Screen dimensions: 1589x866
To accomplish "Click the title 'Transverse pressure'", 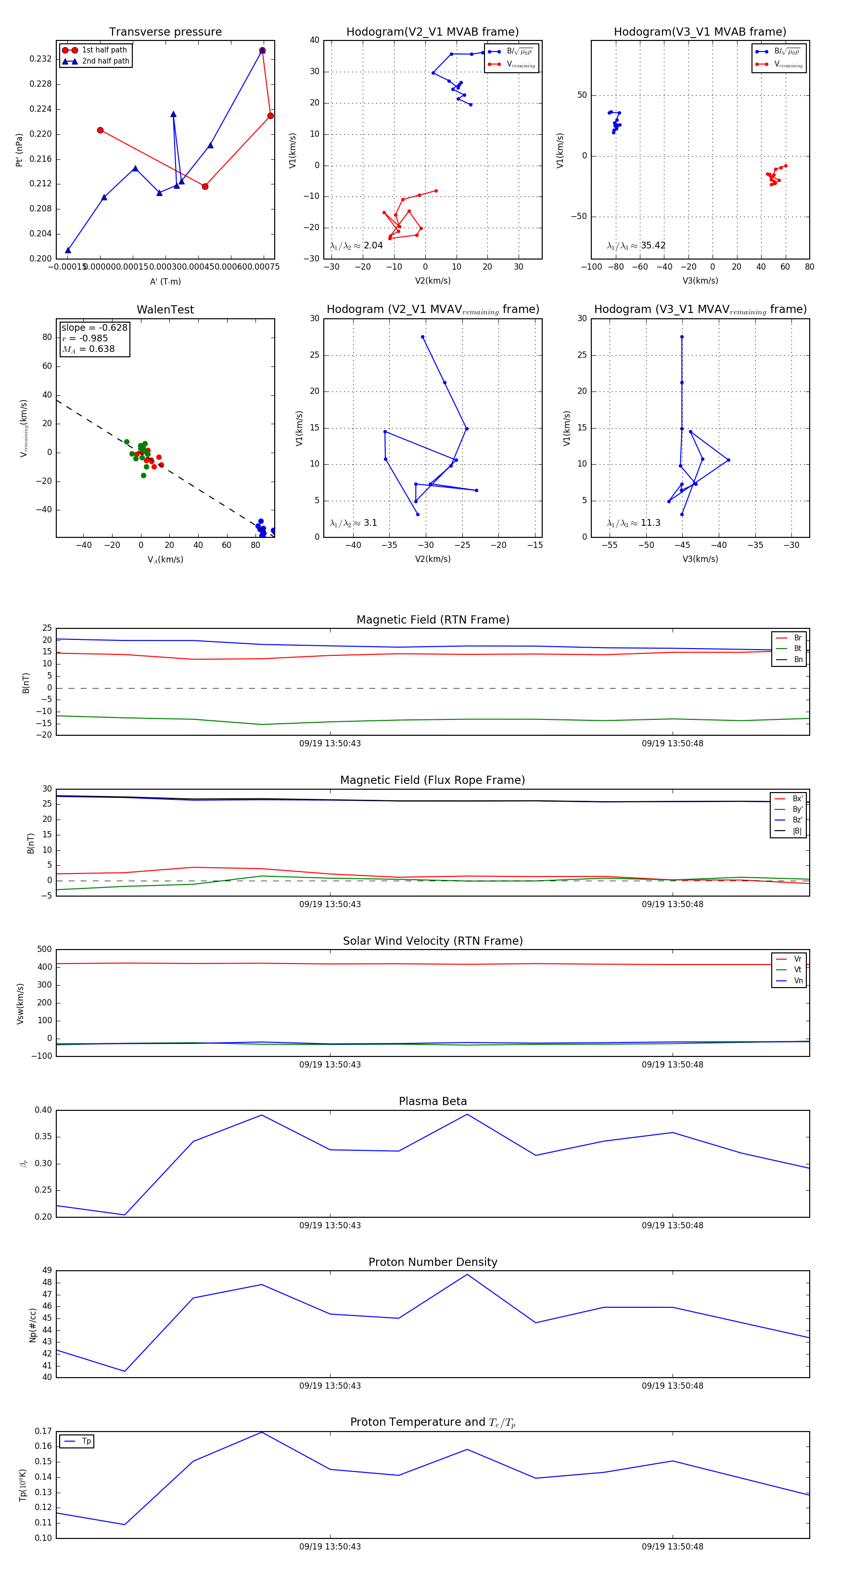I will click(x=165, y=32).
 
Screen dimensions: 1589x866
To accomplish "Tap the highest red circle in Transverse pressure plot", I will click(x=263, y=51).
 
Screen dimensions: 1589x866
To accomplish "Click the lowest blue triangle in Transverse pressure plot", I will click(x=68, y=250).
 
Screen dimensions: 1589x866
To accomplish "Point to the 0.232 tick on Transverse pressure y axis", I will click(x=41, y=59).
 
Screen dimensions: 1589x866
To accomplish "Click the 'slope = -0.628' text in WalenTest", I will click(x=94, y=327).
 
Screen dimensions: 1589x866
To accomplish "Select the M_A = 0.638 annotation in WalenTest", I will click(x=88, y=349).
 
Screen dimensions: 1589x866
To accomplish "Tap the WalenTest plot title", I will click(x=165, y=310).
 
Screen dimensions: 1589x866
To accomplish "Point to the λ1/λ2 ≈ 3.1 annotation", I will click(x=353, y=523).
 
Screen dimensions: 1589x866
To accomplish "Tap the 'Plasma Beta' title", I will click(x=433, y=1101).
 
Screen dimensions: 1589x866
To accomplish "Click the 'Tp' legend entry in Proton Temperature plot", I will click(x=86, y=1442).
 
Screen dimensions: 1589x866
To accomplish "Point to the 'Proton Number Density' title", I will click(x=433, y=1262).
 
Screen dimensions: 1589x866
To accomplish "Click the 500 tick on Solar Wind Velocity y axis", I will click(x=44, y=950).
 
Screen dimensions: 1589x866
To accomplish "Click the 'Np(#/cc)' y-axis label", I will click(x=33, y=1325).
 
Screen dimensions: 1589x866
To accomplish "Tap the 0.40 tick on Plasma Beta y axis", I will click(x=43, y=1110).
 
